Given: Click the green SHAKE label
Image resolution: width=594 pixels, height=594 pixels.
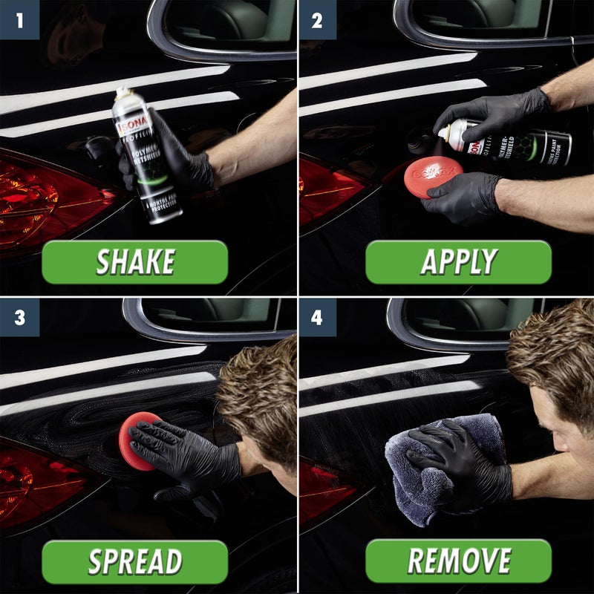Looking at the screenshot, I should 134,262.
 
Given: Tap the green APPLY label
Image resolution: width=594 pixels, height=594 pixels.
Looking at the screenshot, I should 458,262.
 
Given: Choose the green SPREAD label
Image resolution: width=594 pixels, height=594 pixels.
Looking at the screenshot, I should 134,561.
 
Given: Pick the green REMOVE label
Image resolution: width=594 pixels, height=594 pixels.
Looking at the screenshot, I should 458,561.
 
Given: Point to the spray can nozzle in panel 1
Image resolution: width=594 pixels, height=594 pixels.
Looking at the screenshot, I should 121,93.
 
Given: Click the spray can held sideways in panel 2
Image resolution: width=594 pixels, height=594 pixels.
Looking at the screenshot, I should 512,145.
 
